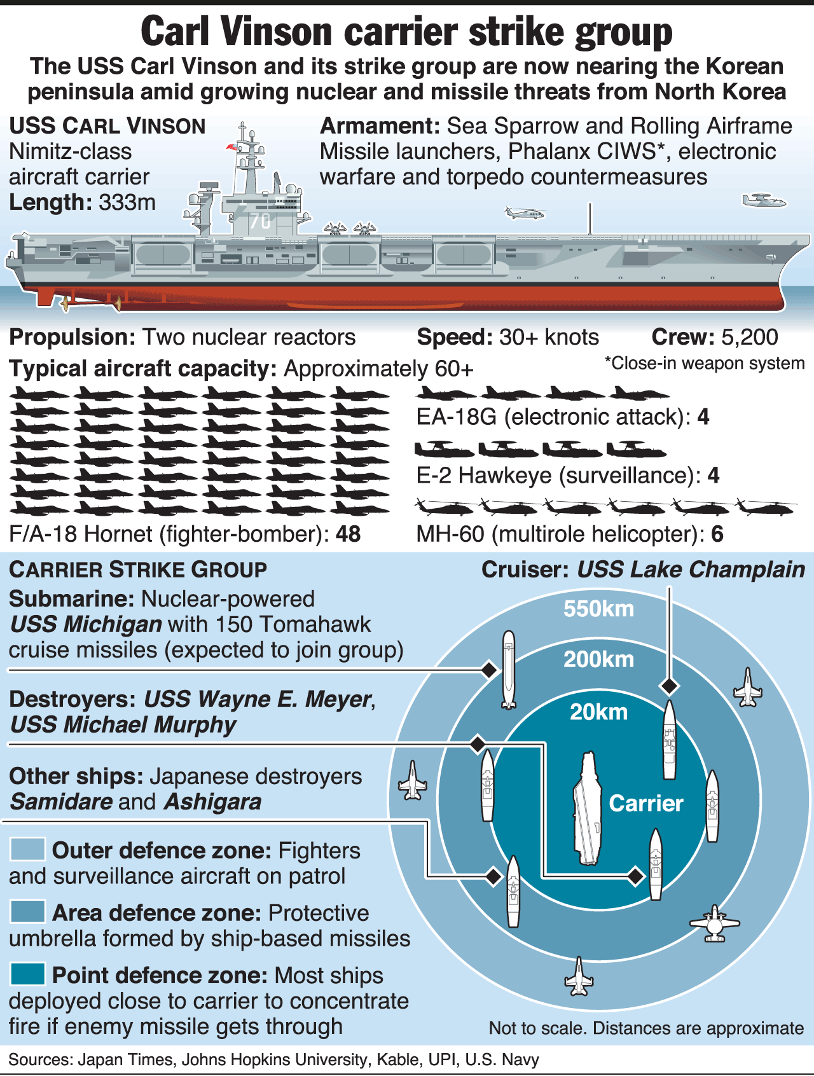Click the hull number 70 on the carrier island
(260, 221)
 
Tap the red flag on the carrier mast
(231, 148)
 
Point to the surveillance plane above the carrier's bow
(764, 201)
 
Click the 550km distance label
(598, 609)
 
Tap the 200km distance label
(598, 659)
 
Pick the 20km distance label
(598, 712)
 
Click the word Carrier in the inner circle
(645, 803)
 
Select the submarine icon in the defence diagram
(508, 669)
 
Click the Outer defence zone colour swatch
(27, 849)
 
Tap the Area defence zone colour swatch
(27, 911)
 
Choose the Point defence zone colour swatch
(27, 974)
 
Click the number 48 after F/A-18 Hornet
(348, 534)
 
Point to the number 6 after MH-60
(717, 534)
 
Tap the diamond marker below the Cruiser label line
(669, 686)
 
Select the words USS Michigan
(86, 624)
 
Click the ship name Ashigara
(212, 802)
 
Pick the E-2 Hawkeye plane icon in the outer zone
(715, 923)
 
